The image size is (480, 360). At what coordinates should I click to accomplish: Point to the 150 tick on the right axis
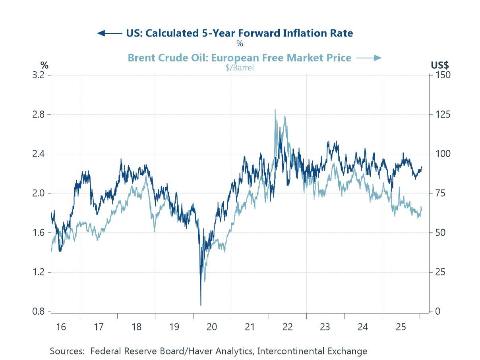pyautogui.click(x=442, y=75)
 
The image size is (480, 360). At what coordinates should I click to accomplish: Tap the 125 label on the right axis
pyautogui.click(x=442, y=114)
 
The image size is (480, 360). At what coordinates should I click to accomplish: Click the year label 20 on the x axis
pyautogui.click(x=212, y=327)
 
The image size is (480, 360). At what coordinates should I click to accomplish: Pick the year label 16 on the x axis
pyautogui.click(x=61, y=327)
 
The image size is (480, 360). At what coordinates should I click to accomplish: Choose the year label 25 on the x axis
pyautogui.click(x=401, y=327)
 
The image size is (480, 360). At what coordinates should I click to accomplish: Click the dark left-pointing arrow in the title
pyautogui.click(x=109, y=33)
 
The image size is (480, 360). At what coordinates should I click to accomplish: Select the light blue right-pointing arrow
pyautogui.click(x=369, y=58)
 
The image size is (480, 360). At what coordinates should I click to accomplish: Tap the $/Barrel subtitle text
pyautogui.click(x=239, y=68)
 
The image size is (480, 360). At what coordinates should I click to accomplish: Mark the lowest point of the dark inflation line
pyautogui.click(x=201, y=305)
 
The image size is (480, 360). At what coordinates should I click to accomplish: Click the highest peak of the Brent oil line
pyautogui.click(x=275, y=110)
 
